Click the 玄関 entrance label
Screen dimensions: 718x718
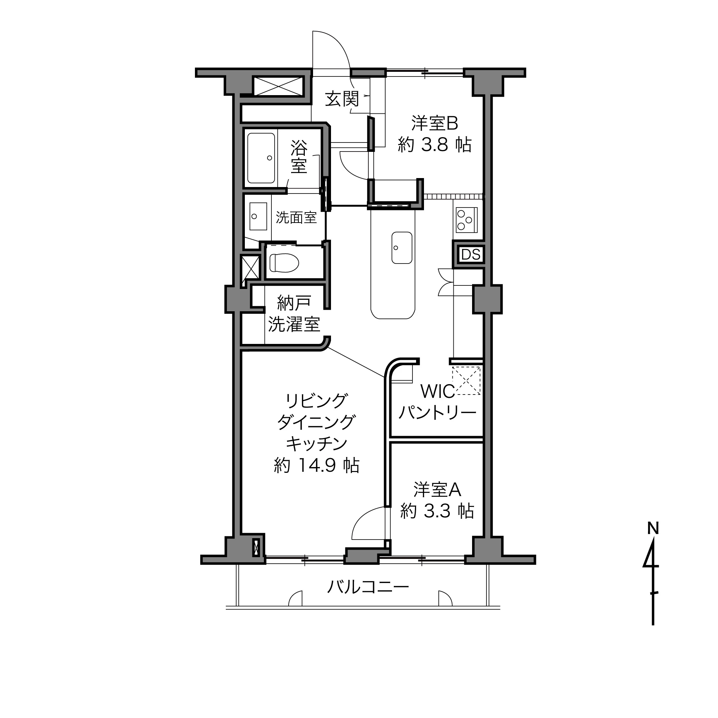pos(342,99)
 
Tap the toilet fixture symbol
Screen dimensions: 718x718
pos(284,263)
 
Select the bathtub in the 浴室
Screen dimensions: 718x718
pos(261,158)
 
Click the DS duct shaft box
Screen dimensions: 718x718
pos(471,255)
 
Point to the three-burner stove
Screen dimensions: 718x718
pos(467,220)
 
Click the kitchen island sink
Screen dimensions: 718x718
pos(402,247)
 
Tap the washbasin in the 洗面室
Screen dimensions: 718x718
pos(258,216)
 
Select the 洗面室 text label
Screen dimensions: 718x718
pos(296,218)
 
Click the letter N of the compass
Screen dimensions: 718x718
pos(653,528)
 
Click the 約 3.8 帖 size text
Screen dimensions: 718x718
pos(434,145)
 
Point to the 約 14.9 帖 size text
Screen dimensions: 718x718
pos(317,465)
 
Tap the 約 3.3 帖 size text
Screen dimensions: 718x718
pos(437,511)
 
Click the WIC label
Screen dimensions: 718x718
pos(437,391)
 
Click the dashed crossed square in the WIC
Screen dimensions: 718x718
pos(466,380)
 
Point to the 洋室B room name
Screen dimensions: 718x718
pos(434,123)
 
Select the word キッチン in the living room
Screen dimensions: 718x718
pos(317,443)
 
